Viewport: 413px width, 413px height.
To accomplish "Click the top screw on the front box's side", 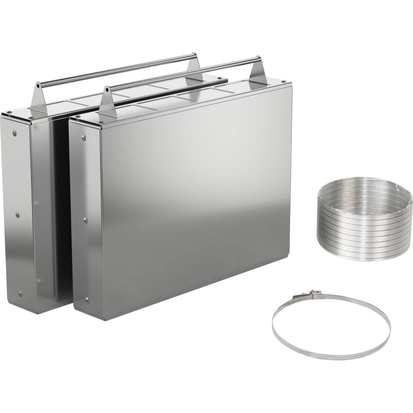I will (x=83, y=137).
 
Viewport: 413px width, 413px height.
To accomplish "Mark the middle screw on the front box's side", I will (x=85, y=220).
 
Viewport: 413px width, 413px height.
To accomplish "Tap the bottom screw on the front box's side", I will (x=87, y=299).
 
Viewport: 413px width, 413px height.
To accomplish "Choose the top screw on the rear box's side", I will (x=14, y=133).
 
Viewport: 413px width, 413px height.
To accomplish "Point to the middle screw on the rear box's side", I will (x=17, y=214).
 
